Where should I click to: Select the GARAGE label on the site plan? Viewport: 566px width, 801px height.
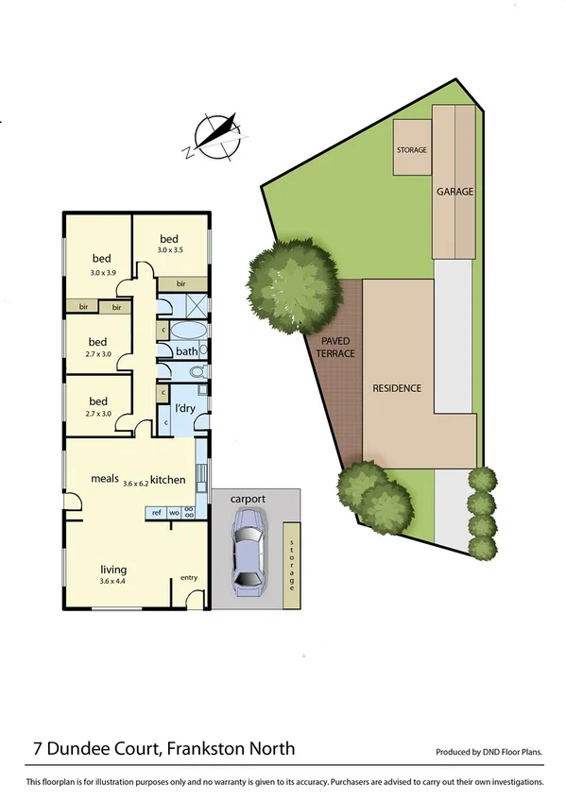455,192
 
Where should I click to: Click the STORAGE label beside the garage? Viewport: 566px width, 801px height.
412,150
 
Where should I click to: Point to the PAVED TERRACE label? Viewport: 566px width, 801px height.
336,347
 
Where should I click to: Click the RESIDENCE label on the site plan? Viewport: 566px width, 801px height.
396,388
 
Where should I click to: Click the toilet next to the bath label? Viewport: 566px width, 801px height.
198,372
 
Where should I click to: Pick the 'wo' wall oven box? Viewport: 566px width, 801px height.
174,513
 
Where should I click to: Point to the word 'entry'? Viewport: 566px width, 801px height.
189,577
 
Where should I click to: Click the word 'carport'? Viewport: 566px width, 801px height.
246,498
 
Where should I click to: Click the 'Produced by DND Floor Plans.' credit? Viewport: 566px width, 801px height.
489,753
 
